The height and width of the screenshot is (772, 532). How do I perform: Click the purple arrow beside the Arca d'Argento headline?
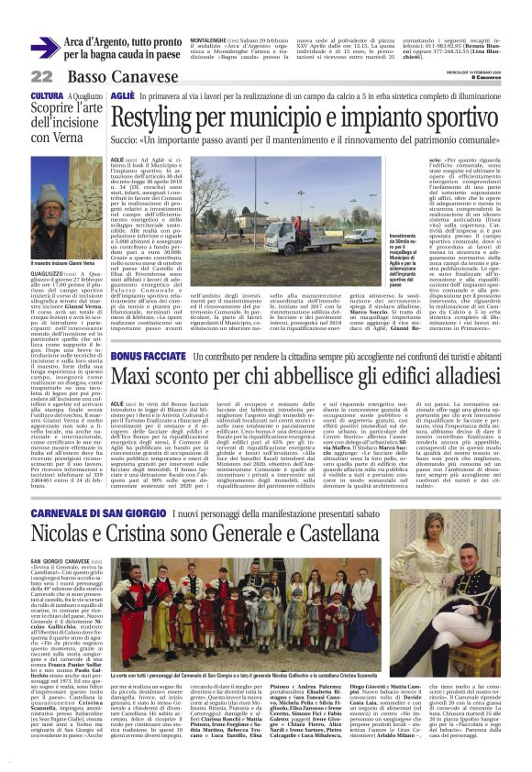[43, 49]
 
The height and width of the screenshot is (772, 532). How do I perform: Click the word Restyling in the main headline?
[170, 120]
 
